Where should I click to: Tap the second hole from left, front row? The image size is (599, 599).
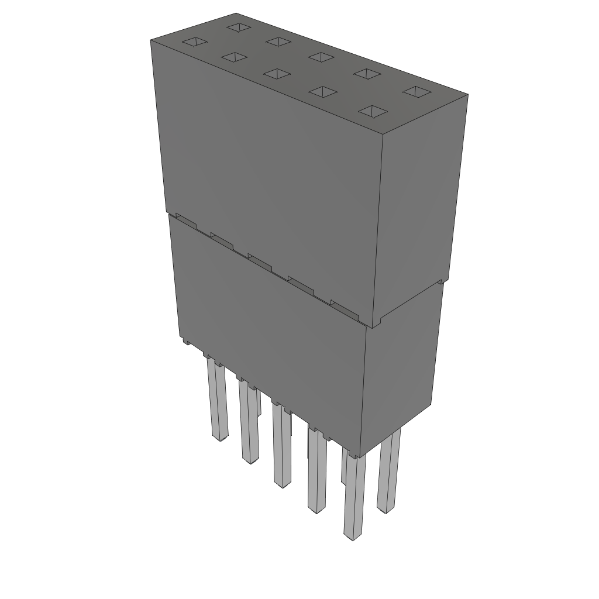[233, 57]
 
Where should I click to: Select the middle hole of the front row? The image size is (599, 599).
[277, 74]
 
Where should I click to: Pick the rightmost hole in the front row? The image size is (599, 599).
[374, 111]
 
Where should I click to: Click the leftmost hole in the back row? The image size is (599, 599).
[239, 27]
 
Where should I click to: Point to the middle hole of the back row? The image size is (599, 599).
[320, 57]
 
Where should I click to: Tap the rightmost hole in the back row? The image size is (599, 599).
[417, 92]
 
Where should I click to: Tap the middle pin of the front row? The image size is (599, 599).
[281, 447]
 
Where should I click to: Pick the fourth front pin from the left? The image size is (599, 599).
[316, 474]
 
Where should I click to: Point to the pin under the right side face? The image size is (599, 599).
[388, 474]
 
